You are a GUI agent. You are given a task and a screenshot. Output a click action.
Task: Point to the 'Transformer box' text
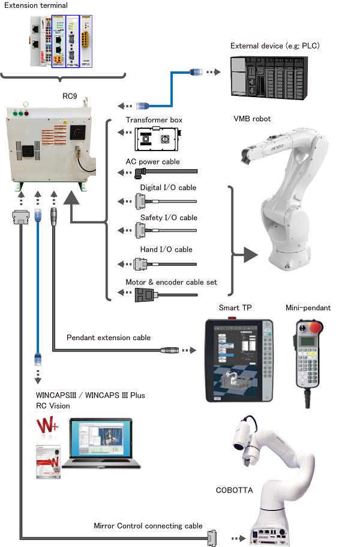click(x=154, y=121)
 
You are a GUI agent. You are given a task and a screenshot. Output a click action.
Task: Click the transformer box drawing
click(x=155, y=139)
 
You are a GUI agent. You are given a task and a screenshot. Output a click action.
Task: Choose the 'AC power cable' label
click(x=152, y=162)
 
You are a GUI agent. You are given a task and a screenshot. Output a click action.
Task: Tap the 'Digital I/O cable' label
click(x=168, y=188)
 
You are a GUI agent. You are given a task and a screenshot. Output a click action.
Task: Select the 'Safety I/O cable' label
click(x=169, y=218)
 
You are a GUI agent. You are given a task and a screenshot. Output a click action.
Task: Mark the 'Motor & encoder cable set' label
click(x=171, y=282)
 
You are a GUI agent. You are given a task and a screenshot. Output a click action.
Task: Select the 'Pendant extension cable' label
click(x=108, y=338)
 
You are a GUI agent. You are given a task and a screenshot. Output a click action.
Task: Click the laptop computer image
click(x=101, y=444)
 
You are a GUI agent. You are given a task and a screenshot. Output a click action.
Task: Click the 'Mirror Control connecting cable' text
click(x=148, y=526)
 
